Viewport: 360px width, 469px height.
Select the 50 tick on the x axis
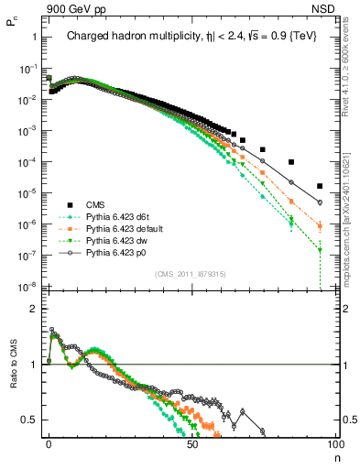pyautogui.click(x=192, y=443)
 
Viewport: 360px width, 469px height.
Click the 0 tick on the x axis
pyautogui.click(x=49, y=443)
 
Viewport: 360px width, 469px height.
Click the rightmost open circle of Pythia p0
pyautogui.click(x=320, y=202)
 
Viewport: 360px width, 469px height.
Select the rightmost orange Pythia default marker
pyautogui.click(x=320, y=225)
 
